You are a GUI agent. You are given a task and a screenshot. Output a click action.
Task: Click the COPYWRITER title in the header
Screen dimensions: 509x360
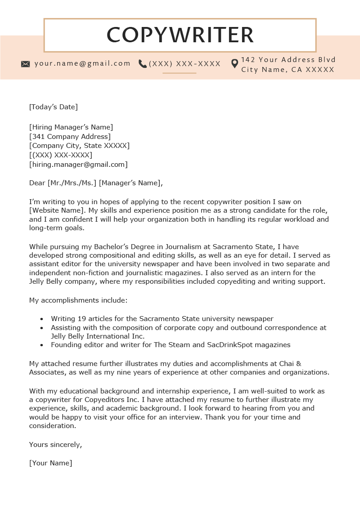click(x=180, y=35)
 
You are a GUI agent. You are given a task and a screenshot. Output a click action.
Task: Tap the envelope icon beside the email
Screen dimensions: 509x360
click(x=26, y=64)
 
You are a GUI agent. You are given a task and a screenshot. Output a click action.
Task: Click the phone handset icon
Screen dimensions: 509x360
click(x=143, y=64)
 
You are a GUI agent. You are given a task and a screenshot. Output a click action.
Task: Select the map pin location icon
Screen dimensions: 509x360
click(x=234, y=63)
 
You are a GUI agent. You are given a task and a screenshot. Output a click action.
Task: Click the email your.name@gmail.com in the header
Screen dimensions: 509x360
click(x=82, y=63)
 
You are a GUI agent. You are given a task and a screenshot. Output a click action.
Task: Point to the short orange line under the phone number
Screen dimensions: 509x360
click(x=179, y=73)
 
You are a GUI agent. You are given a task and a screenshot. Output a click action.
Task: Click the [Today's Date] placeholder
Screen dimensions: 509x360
click(x=54, y=107)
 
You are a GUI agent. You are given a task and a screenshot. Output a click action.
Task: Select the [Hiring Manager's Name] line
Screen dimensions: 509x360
click(x=71, y=127)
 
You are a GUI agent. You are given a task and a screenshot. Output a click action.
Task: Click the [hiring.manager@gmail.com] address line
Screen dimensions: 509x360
click(x=78, y=165)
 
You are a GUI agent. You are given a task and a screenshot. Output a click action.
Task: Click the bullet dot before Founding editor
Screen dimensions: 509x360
click(x=42, y=345)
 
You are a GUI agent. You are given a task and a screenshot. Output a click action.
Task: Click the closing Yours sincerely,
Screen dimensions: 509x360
click(x=55, y=444)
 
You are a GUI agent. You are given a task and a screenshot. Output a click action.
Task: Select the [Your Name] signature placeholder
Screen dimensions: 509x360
click(x=50, y=463)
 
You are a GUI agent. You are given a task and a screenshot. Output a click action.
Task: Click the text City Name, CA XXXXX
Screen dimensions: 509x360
click(x=288, y=70)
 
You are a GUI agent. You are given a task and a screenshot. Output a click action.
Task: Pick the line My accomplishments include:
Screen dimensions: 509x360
click(x=78, y=300)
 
